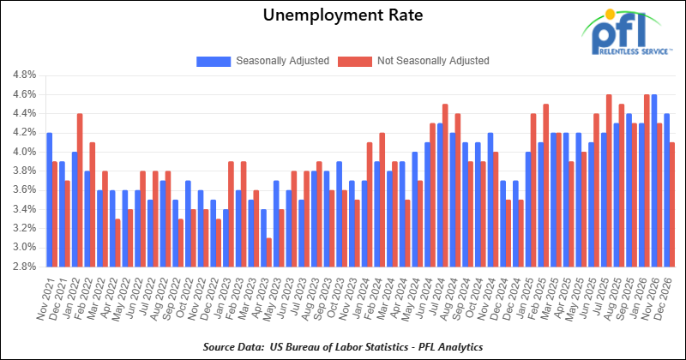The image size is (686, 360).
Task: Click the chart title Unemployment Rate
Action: (343, 16)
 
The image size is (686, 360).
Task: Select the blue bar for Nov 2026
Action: (654, 181)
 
